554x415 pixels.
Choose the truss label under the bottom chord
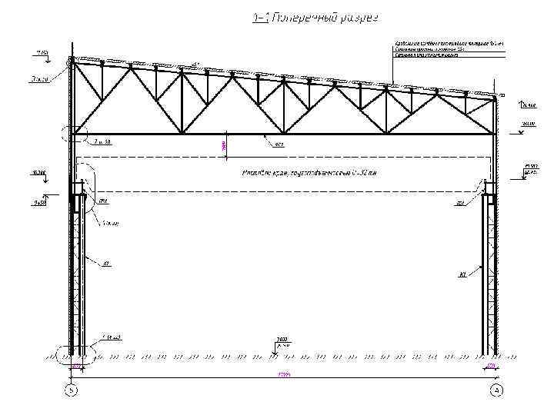279,143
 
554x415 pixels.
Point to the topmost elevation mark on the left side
39,53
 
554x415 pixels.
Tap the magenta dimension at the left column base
75,367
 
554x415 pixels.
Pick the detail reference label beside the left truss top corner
39,78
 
